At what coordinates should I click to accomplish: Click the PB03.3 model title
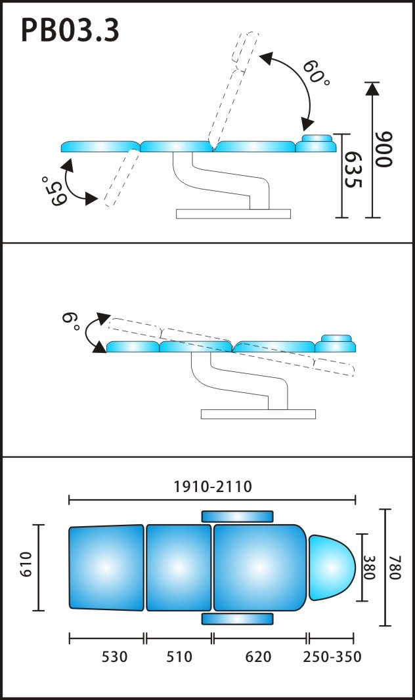click(x=70, y=31)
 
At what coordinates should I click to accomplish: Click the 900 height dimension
click(x=383, y=149)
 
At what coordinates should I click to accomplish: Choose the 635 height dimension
click(x=353, y=170)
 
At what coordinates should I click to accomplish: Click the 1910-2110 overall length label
click(x=213, y=486)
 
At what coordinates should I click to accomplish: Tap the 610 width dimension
click(x=26, y=564)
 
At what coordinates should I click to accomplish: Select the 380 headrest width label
click(x=369, y=567)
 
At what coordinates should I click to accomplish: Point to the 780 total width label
click(x=395, y=567)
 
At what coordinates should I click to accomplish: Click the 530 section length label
click(x=114, y=657)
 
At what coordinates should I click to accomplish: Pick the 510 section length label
click(x=179, y=657)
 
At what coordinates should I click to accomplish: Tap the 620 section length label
click(x=258, y=657)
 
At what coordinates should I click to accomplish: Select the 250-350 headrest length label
click(x=332, y=657)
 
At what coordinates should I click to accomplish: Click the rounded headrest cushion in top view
click(x=332, y=567)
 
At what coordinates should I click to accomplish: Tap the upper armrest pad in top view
click(x=237, y=516)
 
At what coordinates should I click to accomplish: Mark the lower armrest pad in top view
click(x=237, y=619)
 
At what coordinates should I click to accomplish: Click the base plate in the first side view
click(x=233, y=214)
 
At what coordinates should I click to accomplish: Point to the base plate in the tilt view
click(x=258, y=414)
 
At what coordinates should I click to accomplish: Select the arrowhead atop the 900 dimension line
click(x=372, y=88)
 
